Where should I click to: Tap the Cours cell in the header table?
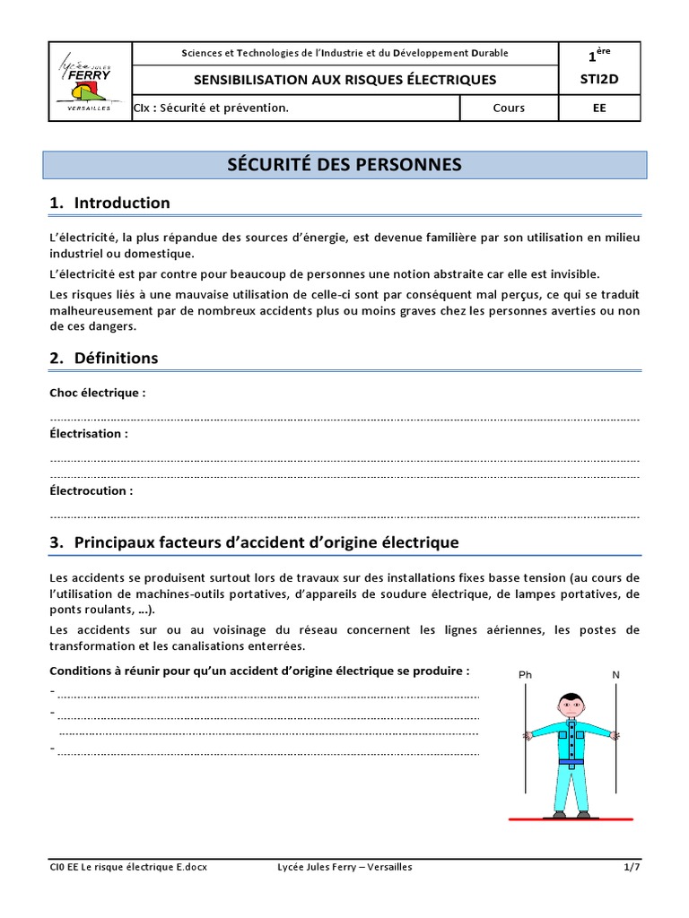(x=509, y=108)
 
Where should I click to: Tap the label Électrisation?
(x=89, y=433)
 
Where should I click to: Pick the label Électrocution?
(x=92, y=490)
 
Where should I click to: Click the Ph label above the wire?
(x=525, y=674)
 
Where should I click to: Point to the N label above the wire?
(x=615, y=674)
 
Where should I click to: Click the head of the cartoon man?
(x=570, y=706)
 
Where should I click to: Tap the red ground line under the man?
(x=570, y=818)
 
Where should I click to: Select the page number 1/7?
(x=632, y=867)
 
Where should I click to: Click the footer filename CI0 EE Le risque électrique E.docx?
(x=127, y=867)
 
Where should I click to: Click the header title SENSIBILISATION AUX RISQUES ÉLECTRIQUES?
(x=345, y=80)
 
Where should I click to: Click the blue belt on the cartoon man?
(x=570, y=761)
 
